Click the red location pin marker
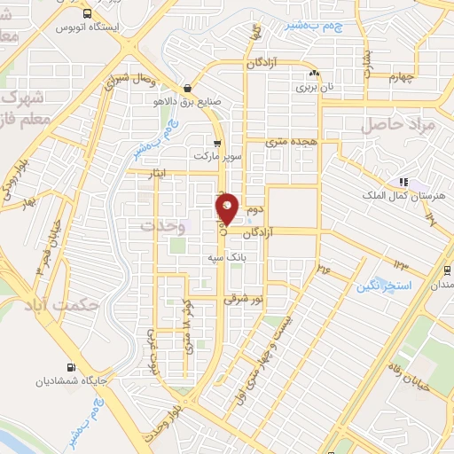228,208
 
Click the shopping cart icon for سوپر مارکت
216,142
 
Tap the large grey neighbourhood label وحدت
162,226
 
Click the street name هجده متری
292,141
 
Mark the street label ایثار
158,174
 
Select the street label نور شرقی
245,300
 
